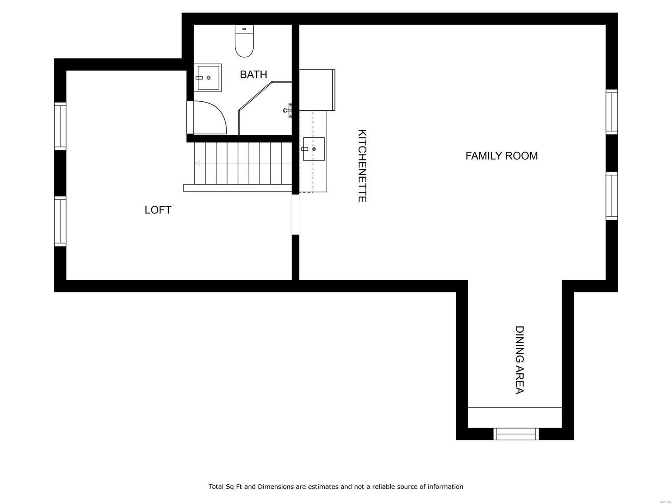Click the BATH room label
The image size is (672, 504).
point(253,74)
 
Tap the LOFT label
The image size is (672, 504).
point(158,210)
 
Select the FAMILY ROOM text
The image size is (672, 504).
point(501,156)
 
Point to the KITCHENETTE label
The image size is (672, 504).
point(362,166)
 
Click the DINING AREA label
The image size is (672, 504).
point(520,360)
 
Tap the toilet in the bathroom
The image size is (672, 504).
point(244,42)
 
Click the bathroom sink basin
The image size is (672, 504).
point(209,78)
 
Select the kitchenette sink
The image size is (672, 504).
point(314,149)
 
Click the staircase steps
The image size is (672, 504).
point(244,164)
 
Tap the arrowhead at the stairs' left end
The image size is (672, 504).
point(197,163)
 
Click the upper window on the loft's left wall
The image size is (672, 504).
point(60,126)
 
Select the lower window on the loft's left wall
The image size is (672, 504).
point(60,221)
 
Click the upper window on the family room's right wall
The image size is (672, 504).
point(612,112)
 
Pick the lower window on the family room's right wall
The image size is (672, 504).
point(612,196)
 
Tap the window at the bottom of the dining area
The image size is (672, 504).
point(516,433)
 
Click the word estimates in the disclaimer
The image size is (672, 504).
point(323,487)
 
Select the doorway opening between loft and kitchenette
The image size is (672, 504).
point(296,214)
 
